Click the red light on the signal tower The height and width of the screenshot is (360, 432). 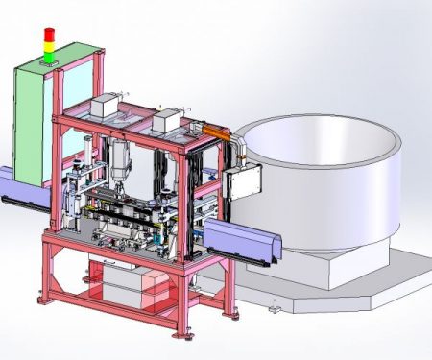(48, 33)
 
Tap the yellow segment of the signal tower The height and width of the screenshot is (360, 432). (48, 42)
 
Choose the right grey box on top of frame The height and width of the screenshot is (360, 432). (167, 120)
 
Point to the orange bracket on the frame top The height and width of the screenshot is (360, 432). (213, 128)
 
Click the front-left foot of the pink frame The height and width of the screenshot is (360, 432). (44, 299)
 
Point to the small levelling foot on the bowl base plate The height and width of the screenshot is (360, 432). (276, 309)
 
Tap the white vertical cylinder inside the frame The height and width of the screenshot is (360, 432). (120, 158)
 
